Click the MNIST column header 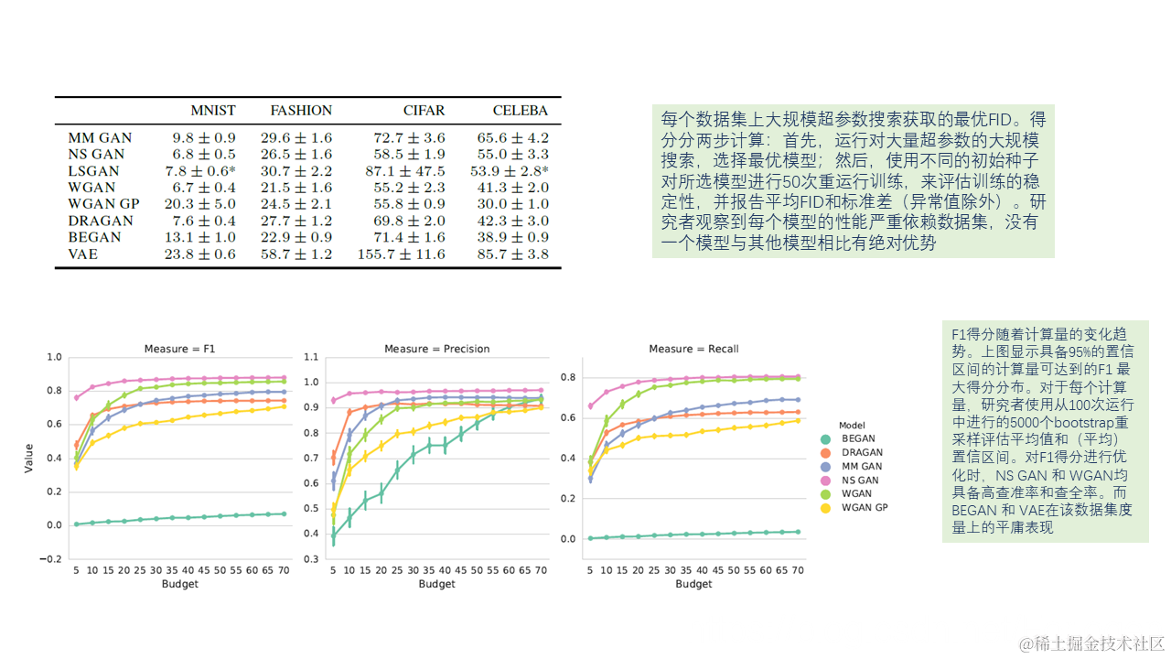point(212,111)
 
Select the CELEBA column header point(520,111)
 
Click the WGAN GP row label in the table point(104,204)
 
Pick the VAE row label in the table point(82,254)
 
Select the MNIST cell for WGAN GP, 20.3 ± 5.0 point(200,204)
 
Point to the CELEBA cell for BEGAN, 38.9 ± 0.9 point(512,237)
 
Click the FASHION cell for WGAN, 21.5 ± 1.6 point(301,188)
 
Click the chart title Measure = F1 point(180,349)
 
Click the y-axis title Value point(29,458)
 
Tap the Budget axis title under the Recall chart point(693,584)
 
